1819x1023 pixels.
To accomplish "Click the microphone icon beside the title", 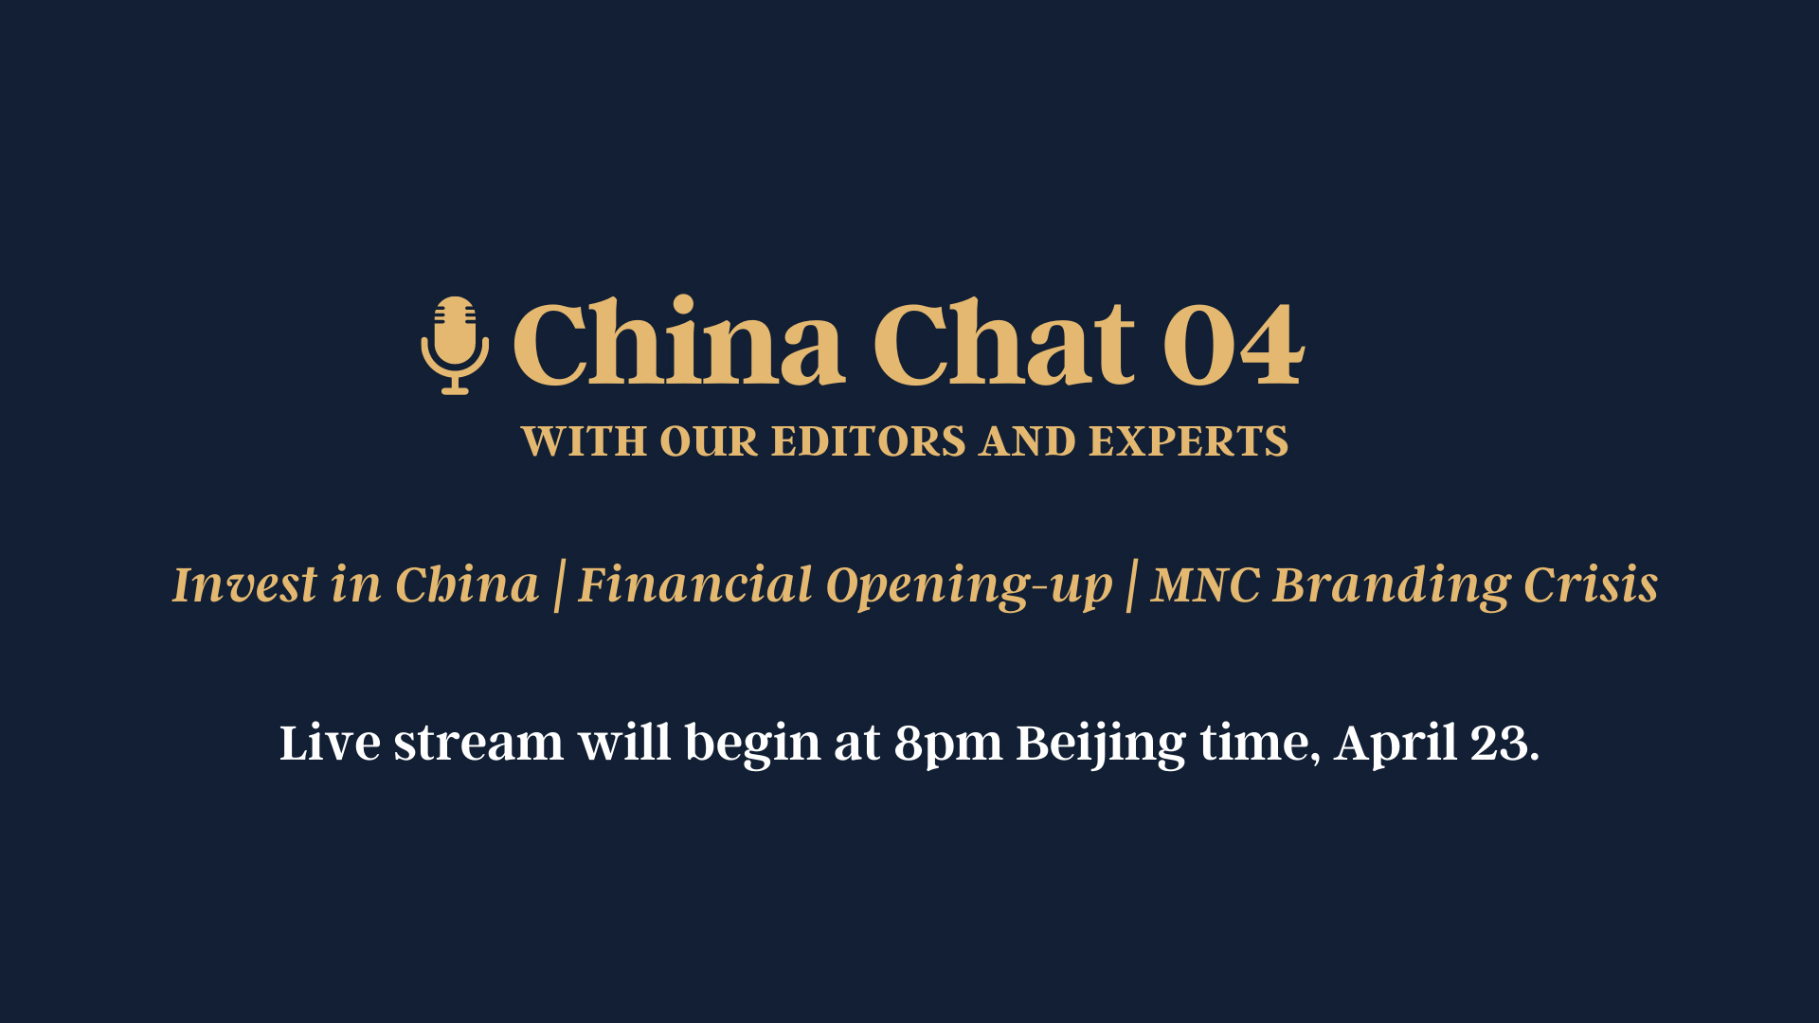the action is coord(455,346).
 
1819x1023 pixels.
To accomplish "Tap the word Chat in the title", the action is coord(1003,343).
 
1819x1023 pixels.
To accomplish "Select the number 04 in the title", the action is coord(1234,344).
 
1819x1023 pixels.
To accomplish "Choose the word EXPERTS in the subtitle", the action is coord(1188,441).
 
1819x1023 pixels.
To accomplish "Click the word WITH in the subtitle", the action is coord(584,441).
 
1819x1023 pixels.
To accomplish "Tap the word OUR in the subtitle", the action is coord(709,441).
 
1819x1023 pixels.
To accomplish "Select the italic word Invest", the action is coord(244,584).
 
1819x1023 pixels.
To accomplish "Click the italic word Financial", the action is coord(695,584).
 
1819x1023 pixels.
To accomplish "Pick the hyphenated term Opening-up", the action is coord(969,586).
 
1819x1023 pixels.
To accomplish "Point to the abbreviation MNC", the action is coord(1205,584).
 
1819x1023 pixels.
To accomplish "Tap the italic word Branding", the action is coord(1391,586).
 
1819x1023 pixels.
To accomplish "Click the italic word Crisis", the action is coord(1591,584).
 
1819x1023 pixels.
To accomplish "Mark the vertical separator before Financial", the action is coord(559,586).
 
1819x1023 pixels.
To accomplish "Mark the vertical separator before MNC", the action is coord(1131,586).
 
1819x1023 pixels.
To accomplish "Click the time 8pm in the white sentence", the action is coord(947,744).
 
